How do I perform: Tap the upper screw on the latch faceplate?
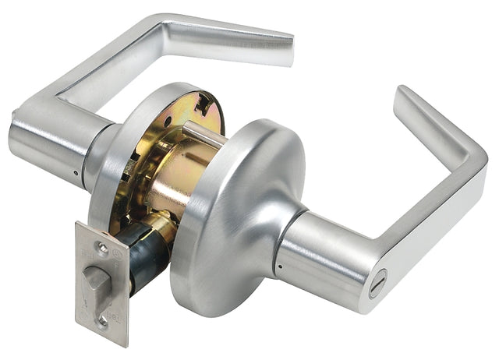[102, 248]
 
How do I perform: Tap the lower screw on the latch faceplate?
[104, 319]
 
